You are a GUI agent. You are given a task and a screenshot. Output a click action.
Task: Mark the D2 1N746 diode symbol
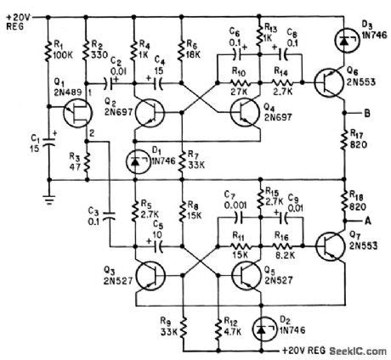(x=271, y=323)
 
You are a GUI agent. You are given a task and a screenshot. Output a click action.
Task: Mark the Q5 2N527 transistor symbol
(x=247, y=273)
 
